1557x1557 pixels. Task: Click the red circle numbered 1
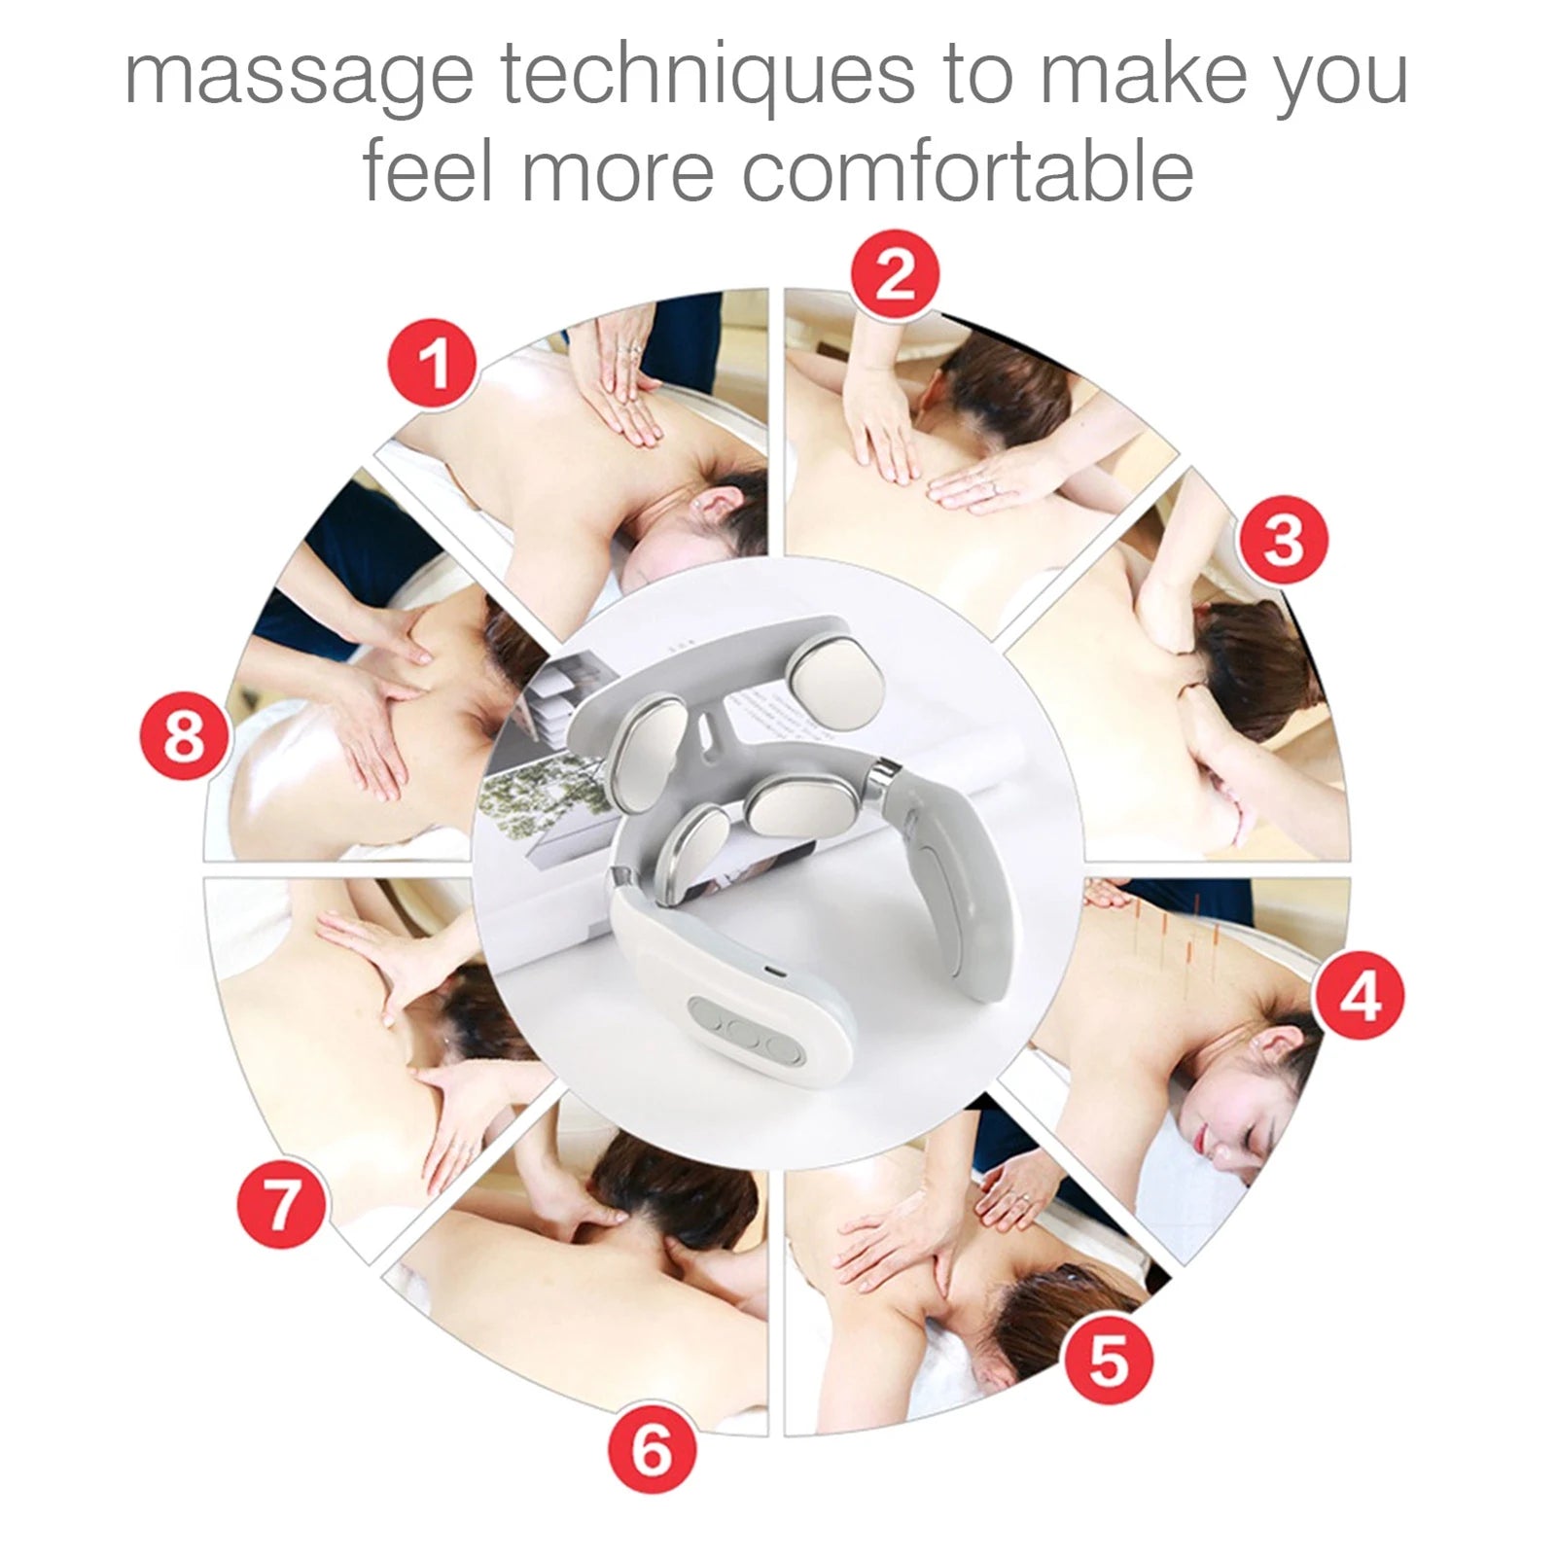point(434,364)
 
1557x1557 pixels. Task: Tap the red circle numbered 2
point(895,274)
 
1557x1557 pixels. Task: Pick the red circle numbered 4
point(1359,995)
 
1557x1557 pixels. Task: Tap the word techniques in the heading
point(707,76)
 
